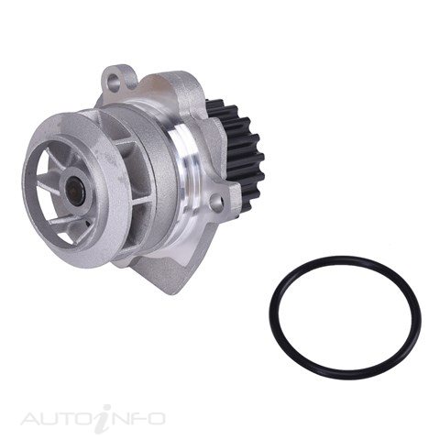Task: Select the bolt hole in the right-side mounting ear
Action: pos(216,201)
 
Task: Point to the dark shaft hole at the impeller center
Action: pos(75,191)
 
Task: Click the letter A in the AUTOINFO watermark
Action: pos(32,419)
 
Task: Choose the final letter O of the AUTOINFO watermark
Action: pos(155,419)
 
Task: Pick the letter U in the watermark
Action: pos(52,419)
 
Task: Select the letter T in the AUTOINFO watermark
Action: pos(69,419)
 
